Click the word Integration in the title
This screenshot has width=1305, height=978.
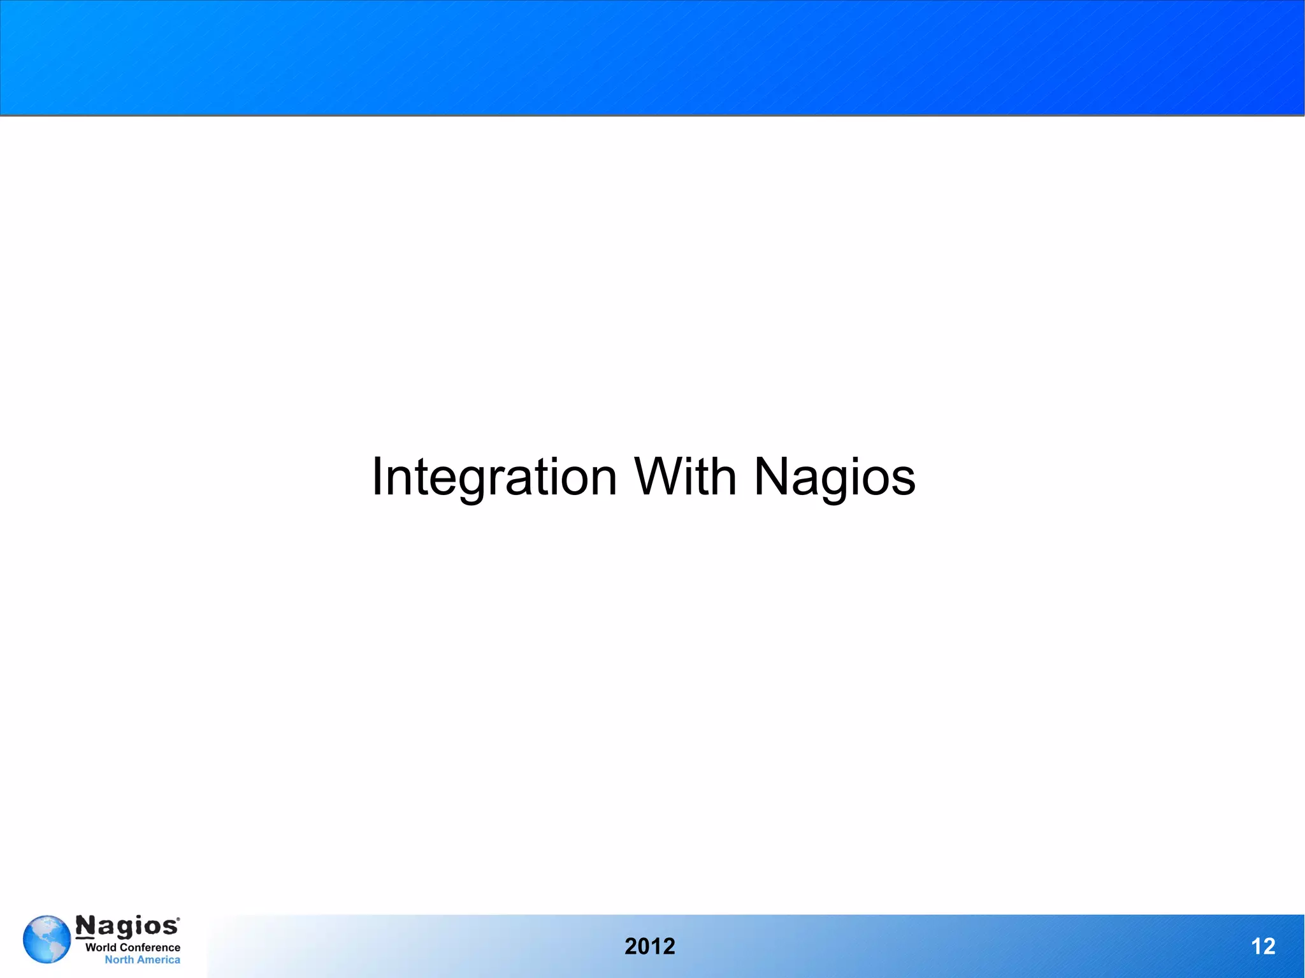tap(494, 477)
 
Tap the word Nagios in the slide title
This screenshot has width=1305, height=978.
tap(835, 477)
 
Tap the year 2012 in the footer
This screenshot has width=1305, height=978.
tap(649, 946)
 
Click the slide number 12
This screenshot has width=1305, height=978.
tap(1263, 946)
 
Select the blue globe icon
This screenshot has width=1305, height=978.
tap(47, 939)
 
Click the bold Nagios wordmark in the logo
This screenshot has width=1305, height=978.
tap(127, 926)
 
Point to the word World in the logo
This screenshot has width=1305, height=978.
tap(101, 947)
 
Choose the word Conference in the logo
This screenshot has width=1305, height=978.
tap(150, 947)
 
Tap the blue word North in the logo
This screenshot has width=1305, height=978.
tap(119, 960)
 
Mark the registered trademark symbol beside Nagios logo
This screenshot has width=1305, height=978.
tap(178, 919)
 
